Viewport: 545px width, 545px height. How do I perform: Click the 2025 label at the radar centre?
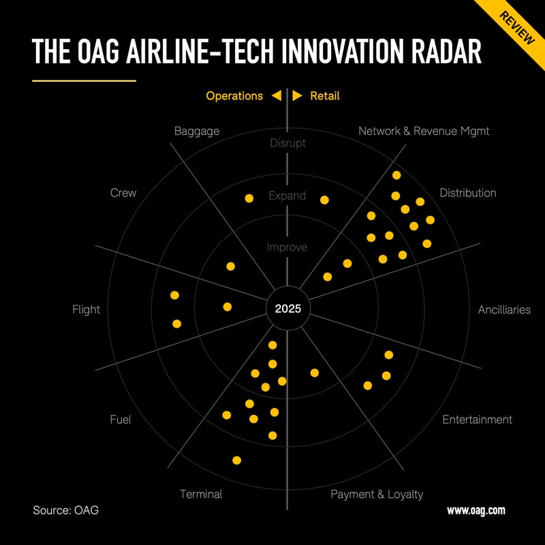[287, 309]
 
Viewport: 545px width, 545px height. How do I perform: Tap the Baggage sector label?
[197, 131]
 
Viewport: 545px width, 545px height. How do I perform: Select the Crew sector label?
[123, 193]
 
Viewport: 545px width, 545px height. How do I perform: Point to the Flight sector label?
[86, 310]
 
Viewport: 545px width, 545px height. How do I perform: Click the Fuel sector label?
[120, 420]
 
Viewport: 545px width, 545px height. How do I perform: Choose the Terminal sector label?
[201, 494]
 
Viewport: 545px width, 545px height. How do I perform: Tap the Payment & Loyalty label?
[377, 494]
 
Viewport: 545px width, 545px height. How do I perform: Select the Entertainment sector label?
[477, 420]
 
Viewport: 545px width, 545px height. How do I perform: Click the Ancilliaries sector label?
[504, 310]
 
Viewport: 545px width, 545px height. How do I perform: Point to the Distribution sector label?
[468, 193]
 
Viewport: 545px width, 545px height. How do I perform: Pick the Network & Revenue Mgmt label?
[424, 131]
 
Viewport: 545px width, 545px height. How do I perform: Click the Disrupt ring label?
[287, 143]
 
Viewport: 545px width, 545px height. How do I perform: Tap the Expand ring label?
[287, 196]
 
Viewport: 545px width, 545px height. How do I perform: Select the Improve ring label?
[287, 247]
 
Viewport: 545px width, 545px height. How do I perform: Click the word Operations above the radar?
[234, 96]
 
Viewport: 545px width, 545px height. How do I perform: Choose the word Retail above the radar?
[325, 96]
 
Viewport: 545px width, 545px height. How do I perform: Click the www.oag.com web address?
[476, 510]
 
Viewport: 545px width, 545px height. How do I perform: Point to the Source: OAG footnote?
[65, 510]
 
